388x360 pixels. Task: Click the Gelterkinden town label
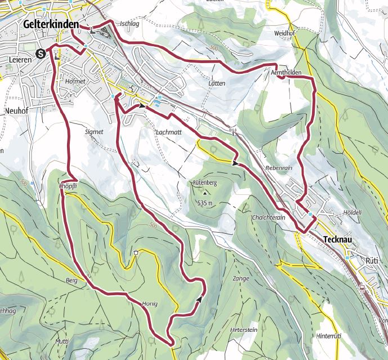tap(50, 25)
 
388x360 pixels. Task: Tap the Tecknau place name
tap(342, 239)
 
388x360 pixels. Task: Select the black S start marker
tap(41, 54)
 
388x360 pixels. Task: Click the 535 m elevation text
tap(206, 203)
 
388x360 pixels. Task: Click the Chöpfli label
tap(67, 186)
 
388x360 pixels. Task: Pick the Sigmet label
tap(93, 131)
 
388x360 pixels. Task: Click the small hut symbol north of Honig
tap(136, 252)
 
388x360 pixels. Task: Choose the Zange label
tap(240, 278)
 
